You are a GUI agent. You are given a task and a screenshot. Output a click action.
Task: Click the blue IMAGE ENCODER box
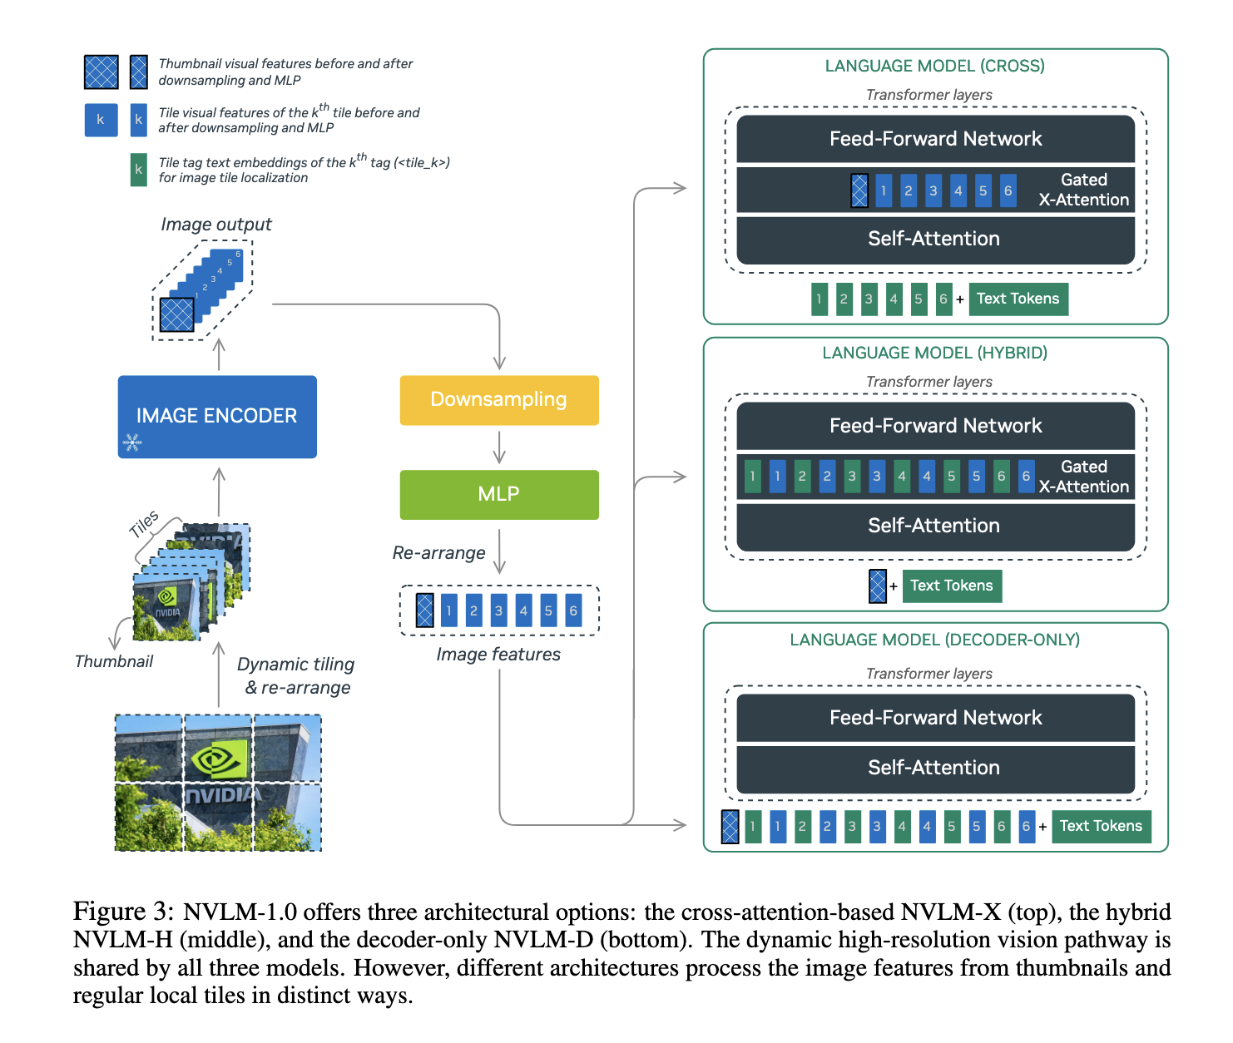(x=217, y=417)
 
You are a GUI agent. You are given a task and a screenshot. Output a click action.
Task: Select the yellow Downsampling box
(x=499, y=400)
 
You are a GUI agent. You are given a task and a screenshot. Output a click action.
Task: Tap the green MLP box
(x=499, y=494)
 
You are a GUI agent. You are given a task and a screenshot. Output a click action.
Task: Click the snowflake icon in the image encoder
(x=132, y=442)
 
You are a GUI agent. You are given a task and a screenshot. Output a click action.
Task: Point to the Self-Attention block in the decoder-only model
(x=935, y=768)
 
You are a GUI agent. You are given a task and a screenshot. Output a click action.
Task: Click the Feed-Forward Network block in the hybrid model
(x=935, y=426)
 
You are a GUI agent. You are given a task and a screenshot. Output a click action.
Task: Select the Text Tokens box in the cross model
(x=1018, y=299)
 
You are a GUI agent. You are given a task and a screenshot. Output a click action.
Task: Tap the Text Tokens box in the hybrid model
(x=952, y=586)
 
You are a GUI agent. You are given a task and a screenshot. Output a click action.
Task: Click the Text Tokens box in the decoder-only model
(x=1102, y=827)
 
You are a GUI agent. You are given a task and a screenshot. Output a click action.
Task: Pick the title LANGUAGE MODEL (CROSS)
(x=935, y=66)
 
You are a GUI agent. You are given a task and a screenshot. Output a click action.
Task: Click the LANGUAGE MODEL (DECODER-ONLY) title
(x=935, y=640)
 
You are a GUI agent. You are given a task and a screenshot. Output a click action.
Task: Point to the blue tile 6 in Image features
(x=573, y=610)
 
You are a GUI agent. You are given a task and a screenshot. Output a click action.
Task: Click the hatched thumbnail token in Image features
(x=424, y=610)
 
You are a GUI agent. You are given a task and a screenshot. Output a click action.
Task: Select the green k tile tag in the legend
(x=138, y=170)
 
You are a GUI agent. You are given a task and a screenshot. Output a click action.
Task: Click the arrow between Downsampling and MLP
(x=499, y=447)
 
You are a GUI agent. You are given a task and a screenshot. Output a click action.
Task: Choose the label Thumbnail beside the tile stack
(x=114, y=661)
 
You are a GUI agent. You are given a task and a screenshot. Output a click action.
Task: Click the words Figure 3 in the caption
(x=123, y=912)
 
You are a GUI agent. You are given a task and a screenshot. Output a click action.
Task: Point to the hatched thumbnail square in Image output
(x=176, y=314)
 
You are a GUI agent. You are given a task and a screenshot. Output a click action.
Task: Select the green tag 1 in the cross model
(x=819, y=299)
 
